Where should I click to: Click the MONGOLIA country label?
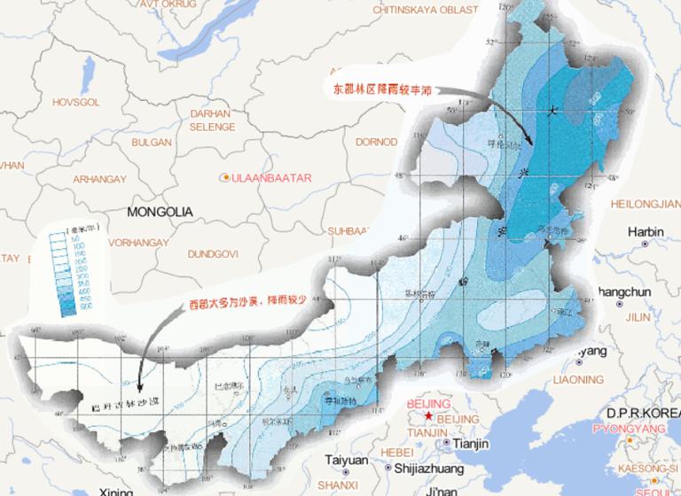click(160, 213)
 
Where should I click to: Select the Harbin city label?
click(646, 232)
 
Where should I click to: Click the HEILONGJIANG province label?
click(646, 203)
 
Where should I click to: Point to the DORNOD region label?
click(375, 141)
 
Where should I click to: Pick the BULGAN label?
click(151, 142)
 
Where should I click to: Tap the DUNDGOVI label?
click(212, 254)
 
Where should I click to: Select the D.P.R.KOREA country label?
click(643, 413)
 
